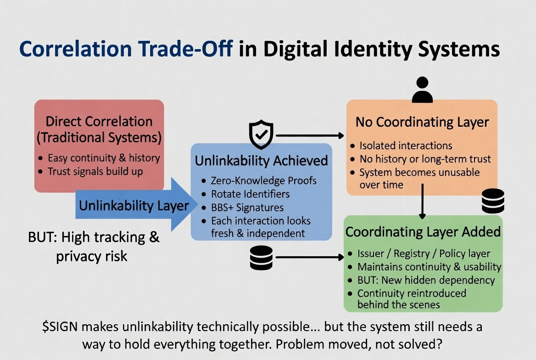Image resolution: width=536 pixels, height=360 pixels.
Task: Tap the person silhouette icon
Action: click(422, 90)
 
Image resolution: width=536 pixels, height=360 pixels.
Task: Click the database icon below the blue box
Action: click(261, 258)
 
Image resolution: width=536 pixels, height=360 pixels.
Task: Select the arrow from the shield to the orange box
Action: click(310, 135)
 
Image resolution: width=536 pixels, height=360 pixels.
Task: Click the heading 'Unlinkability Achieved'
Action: click(261, 161)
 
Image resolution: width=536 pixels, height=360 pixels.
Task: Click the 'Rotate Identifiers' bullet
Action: click(250, 194)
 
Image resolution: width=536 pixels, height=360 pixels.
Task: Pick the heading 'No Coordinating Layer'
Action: click(422, 122)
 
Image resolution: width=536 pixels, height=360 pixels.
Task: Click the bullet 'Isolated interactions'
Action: click(406, 146)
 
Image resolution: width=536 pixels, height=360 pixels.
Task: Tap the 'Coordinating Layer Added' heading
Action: click(423, 231)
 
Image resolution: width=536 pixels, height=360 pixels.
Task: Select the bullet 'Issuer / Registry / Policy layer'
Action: click(424, 253)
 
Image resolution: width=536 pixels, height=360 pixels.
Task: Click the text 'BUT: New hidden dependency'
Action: click(426, 280)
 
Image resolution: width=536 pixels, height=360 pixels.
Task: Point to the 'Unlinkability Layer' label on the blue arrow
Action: click(134, 205)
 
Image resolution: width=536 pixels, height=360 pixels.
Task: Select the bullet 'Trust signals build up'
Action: click(95, 172)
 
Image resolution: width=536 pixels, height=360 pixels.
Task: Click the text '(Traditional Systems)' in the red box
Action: click(99, 137)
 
